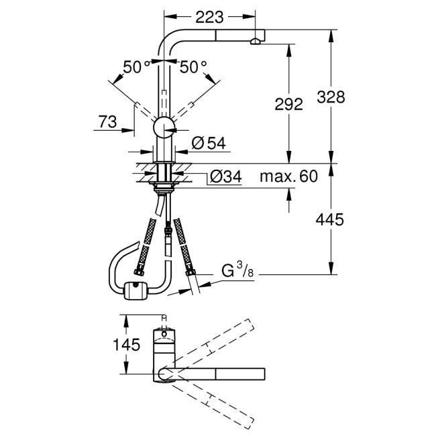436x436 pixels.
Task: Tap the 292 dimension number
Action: [x=289, y=104]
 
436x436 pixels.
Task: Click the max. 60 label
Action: [x=288, y=177]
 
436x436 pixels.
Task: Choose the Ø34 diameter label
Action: [x=226, y=177]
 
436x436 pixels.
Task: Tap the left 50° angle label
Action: [x=138, y=66]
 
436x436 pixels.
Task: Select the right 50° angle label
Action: [x=194, y=66]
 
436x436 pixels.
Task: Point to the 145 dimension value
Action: [x=127, y=345]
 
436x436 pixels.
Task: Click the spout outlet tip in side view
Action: [x=256, y=42]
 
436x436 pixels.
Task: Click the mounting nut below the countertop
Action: [x=163, y=181]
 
